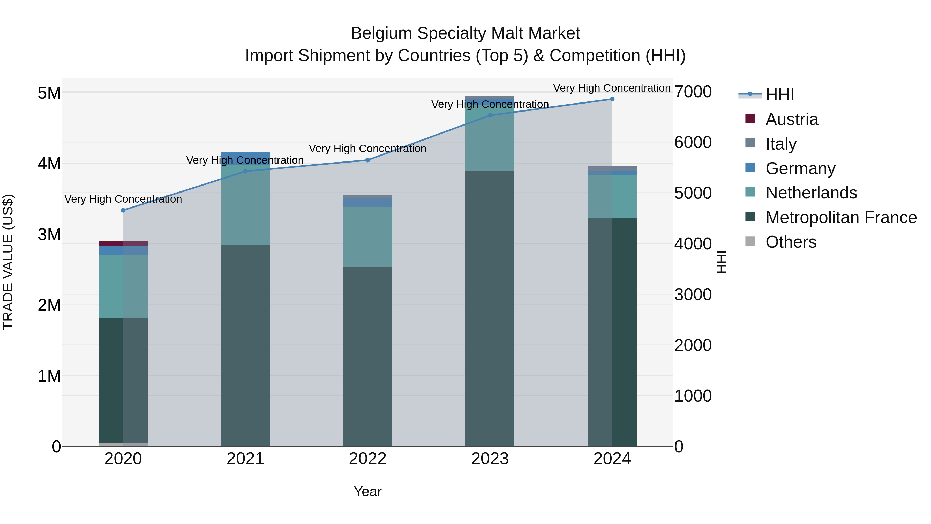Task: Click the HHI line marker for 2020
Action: (x=123, y=210)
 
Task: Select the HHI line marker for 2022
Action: (x=367, y=160)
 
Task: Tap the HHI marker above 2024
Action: (x=612, y=99)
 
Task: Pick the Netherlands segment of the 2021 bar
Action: (x=245, y=205)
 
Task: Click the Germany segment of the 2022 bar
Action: (x=367, y=203)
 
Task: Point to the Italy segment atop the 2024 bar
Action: (x=612, y=168)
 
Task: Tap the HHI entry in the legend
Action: (x=779, y=95)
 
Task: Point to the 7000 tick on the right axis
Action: (x=693, y=92)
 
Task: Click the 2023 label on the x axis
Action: (x=490, y=459)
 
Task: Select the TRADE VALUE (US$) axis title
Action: (x=8, y=262)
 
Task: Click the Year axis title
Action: (x=367, y=491)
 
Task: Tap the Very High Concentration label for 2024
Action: (x=612, y=88)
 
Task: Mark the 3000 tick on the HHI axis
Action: (x=693, y=294)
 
